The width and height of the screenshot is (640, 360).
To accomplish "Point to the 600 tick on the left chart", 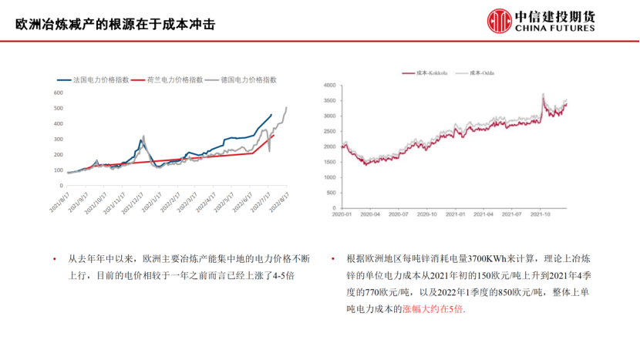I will pyautogui.click(x=58, y=93).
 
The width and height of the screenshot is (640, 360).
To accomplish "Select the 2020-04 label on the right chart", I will pyautogui.click(x=372, y=214).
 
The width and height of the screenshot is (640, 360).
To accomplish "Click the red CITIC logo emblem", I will pyautogui.click(x=497, y=21).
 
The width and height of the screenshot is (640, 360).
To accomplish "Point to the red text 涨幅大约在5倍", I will pyautogui.click(x=434, y=308).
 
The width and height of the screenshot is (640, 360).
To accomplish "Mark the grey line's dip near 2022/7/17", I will pyautogui.click(x=270, y=151).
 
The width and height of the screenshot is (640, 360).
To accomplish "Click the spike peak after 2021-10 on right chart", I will pyautogui.click(x=543, y=95).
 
